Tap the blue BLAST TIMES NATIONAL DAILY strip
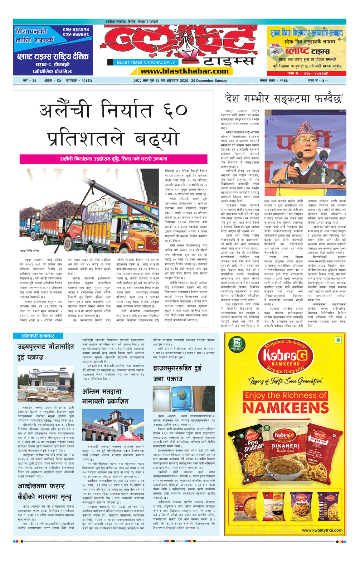click(146, 62)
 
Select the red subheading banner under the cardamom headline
click(113, 159)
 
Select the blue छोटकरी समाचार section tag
click(38, 336)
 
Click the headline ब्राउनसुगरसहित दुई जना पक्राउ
click(177, 373)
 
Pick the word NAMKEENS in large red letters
click(286, 408)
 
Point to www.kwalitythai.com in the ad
click(322, 530)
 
